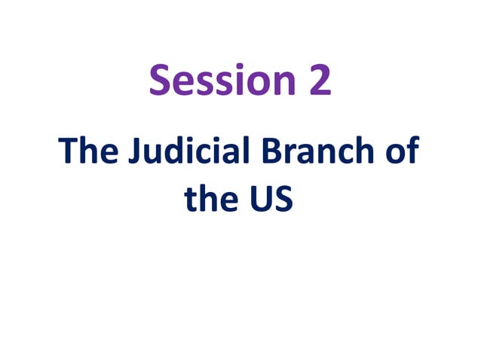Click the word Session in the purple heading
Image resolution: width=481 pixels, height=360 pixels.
222,81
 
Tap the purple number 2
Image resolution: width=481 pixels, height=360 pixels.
319,81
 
